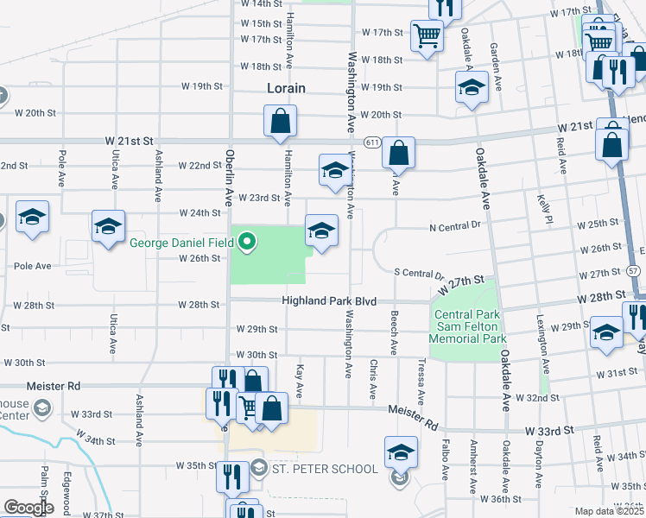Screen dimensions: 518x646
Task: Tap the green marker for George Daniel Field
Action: pos(248,243)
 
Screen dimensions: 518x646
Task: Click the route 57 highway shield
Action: pos(635,270)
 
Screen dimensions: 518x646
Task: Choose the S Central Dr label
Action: pos(418,273)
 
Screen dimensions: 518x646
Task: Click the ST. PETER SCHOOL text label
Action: pos(326,469)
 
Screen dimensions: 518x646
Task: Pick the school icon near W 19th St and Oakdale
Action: pos(472,87)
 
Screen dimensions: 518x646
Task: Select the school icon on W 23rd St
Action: pos(334,170)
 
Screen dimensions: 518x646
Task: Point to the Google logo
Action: pos(28,508)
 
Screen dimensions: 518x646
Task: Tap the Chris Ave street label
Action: pos(373,380)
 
